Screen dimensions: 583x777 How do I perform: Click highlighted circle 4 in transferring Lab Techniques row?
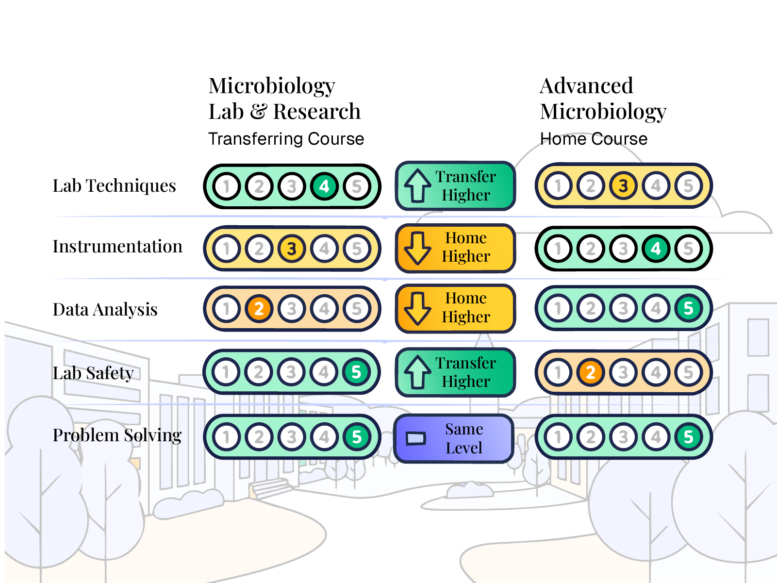pos(324,186)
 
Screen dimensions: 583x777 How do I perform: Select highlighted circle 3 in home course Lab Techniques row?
pos(623,185)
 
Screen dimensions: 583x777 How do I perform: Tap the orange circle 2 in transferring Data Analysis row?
pos(259,309)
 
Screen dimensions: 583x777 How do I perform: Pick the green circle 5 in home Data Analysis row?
pos(688,308)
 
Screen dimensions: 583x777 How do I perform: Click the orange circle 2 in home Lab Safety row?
pos(590,373)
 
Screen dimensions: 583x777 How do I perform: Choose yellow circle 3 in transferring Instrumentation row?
pos(291,249)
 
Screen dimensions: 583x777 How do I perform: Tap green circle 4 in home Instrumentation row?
pos(656,249)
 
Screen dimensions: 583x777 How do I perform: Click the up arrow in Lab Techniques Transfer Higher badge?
pos(417,186)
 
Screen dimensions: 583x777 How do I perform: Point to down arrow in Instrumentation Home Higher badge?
pos(417,248)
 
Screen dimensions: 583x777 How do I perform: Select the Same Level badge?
pos(454,439)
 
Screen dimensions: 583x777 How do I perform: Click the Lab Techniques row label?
pos(114,186)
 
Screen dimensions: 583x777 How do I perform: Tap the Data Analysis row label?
pos(105,310)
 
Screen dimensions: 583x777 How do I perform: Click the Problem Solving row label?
pos(116,435)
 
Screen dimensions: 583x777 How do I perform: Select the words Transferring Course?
pos(286,139)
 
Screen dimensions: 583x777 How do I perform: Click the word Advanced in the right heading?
pos(586,86)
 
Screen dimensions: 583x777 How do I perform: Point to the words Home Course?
pos(594,139)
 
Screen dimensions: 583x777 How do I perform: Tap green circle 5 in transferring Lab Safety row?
pos(356,372)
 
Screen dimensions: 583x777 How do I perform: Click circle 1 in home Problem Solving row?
pos(558,437)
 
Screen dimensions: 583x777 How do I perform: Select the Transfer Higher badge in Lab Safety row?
pos(455,372)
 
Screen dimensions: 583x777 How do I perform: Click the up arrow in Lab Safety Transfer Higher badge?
pos(417,372)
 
